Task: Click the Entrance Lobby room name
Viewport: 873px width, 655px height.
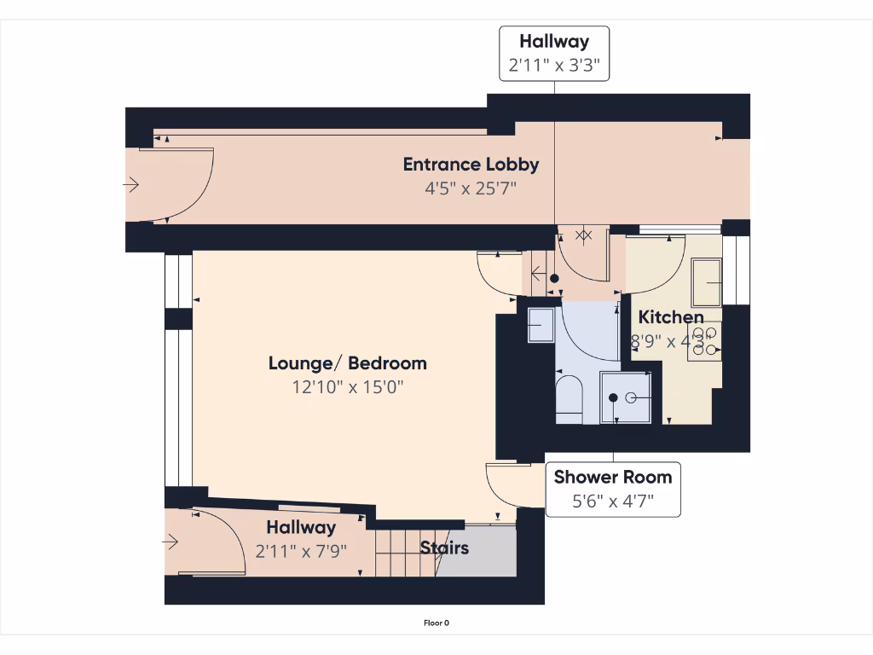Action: tap(471, 164)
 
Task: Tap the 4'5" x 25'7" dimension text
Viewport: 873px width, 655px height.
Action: tap(471, 188)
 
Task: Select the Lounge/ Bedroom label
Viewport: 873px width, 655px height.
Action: tap(347, 363)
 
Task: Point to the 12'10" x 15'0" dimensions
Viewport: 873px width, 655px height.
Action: tap(347, 386)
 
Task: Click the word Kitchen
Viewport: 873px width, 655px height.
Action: tap(671, 317)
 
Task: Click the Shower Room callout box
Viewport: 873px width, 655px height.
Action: tap(613, 489)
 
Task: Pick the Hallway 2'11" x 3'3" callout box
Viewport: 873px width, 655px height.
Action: tap(554, 52)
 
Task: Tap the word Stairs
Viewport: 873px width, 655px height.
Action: tap(444, 548)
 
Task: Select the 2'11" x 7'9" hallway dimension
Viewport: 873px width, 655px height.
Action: tap(301, 551)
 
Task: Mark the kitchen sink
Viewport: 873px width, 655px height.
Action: tap(707, 281)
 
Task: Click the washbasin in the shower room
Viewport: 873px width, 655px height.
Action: tap(541, 325)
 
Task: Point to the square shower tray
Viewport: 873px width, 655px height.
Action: tap(626, 397)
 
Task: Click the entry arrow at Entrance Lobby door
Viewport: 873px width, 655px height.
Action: tap(131, 184)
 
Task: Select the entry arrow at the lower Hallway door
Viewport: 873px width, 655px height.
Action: tap(171, 542)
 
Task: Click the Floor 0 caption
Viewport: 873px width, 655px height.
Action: tap(436, 623)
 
